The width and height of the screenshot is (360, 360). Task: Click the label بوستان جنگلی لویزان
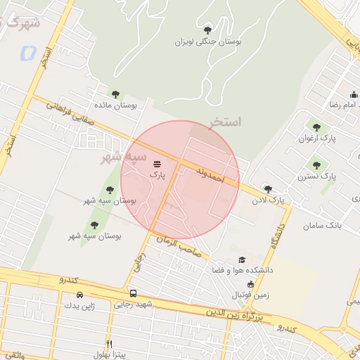click(x=209, y=41)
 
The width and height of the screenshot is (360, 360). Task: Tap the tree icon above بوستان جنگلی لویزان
click(x=207, y=30)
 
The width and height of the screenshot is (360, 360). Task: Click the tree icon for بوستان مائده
click(x=115, y=94)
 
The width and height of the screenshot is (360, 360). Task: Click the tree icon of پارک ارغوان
click(x=316, y=127)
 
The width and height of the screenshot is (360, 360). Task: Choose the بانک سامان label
click(x=322, y=226)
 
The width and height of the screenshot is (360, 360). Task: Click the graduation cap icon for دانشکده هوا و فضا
click(x=243, y=259)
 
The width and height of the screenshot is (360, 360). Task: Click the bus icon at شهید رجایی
click(x=133, y=293)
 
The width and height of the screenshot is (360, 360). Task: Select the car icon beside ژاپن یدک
click(x=79, y=294)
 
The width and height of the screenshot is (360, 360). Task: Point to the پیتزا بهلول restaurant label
click(x=108, y=353)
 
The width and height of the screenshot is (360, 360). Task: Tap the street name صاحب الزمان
click(x=179, y=244)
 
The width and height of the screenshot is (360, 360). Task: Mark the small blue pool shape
click(x=28, y=53)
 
